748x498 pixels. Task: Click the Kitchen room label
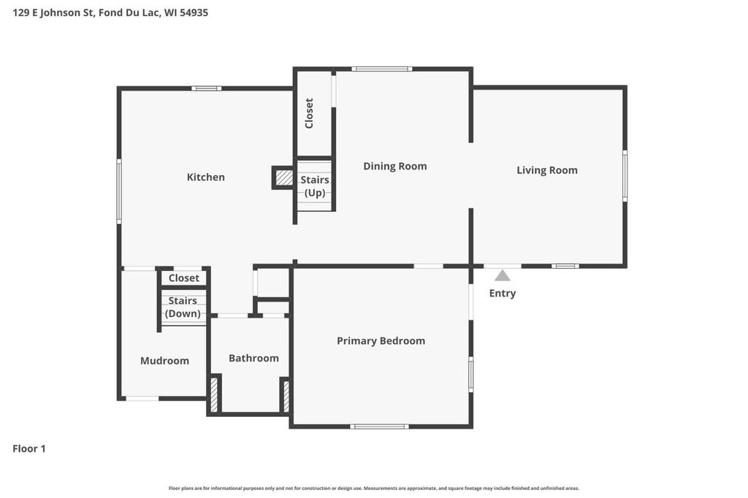[206, 177]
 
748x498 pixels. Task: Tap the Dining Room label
[395, 166]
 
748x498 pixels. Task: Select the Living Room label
[547, 170]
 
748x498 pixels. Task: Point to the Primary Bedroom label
[381, 341]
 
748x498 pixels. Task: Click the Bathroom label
[253, 359]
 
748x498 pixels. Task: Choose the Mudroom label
[164, 361]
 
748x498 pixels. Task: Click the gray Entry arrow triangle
[503, 276]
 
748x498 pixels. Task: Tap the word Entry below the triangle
[503, 294]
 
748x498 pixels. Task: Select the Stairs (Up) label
[315, 186]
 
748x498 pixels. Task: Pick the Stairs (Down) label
[183, 307]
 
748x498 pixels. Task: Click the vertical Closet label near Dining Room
[309, 113]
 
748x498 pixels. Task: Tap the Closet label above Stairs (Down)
[184, 278]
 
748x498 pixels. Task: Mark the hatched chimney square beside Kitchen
[283, 177]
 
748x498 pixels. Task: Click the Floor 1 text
[29, 449]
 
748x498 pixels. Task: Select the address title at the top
[110, 12]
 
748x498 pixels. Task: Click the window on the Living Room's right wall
[625, 175]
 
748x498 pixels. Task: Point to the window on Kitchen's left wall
[119, 191]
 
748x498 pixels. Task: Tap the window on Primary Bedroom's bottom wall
[379, 426]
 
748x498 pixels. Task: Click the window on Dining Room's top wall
[381, 69]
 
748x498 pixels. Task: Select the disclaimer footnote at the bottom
[374, 488]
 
